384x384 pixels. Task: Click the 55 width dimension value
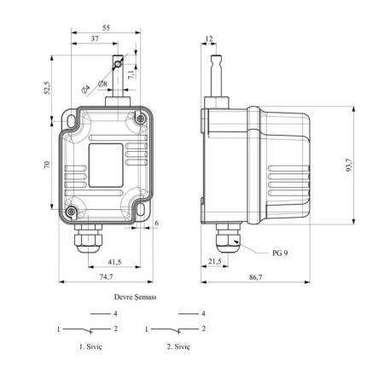(x=106, y=28)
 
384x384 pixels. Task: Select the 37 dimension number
(x=95, y=38)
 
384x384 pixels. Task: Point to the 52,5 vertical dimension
(x=47, y=88)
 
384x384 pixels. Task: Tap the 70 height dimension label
(x=47, y=165)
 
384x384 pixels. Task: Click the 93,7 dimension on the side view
(x=349, y=165)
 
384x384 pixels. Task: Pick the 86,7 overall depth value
(x=256, y=277)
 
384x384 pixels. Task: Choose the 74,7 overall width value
(x=106, y=276)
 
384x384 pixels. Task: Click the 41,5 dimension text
(x=114, y=262)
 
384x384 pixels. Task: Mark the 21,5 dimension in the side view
(x=215, y=261)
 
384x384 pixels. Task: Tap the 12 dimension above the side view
(x=209, y=38)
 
